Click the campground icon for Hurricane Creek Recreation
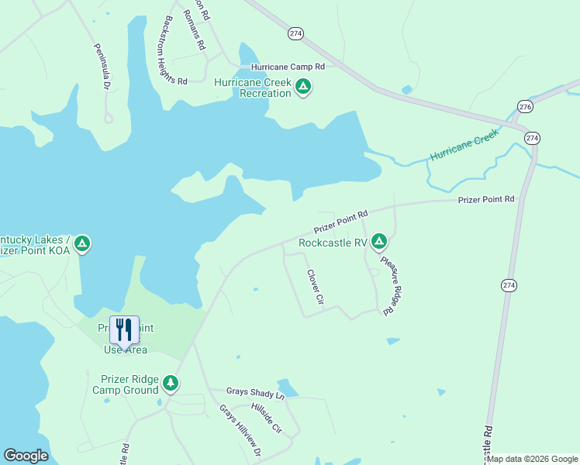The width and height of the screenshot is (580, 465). (303, 88)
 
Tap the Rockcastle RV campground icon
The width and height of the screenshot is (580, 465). (378, 243)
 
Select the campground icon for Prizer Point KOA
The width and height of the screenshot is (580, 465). (82, 245)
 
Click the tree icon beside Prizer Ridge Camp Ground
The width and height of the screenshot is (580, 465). (171, 384)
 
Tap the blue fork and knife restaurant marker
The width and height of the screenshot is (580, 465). (124, 330)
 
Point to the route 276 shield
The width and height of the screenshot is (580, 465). (525, 106)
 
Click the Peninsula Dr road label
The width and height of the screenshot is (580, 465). (101, 67)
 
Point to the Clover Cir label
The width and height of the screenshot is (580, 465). (314, 285)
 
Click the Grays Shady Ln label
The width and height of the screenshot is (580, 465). (256, 394)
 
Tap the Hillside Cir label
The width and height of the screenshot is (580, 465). (266, 417)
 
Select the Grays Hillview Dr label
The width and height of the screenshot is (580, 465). (240, 429)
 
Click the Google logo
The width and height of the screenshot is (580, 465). (26, 455)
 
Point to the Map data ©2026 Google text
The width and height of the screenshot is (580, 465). (532, 459)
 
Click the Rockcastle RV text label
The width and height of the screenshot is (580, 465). (333, 243)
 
